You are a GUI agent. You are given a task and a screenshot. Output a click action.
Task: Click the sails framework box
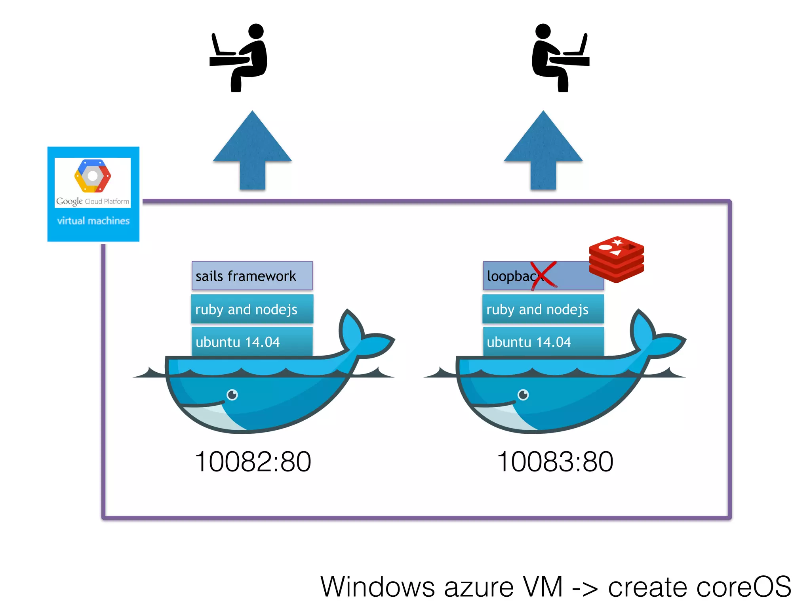pos(252,276)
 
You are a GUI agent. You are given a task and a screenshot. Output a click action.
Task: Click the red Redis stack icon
pos(616,259)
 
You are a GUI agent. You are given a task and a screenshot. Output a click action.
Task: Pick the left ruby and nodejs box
pos(252,309)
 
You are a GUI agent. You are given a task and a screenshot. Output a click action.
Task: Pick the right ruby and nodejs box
pos(543,309)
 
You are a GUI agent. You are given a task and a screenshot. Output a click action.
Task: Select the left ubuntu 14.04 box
pos(252,341)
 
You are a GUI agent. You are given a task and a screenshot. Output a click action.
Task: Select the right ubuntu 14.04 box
pos(543,341)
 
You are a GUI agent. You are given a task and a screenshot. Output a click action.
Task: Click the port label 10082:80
pos(253,462)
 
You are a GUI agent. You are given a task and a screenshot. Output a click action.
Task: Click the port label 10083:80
pos(555,462)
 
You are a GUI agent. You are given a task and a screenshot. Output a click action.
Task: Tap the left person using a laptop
pos(242,57)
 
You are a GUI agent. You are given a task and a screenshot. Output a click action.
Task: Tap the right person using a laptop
pos(558,57)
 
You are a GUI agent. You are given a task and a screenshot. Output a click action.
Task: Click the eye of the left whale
pos(232,395)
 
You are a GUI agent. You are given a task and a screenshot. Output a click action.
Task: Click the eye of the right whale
pos(523,395)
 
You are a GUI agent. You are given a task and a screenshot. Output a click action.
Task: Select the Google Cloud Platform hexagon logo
pos(93,176)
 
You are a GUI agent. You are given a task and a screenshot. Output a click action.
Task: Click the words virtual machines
pos(93,221)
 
